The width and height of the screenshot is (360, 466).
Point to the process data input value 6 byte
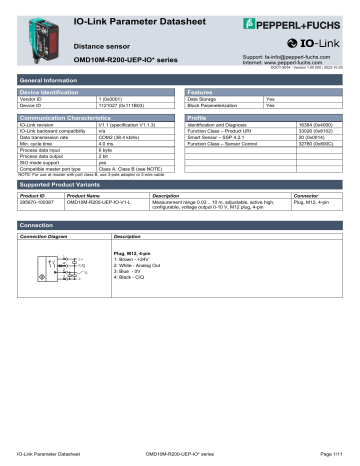coord(107,150)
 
